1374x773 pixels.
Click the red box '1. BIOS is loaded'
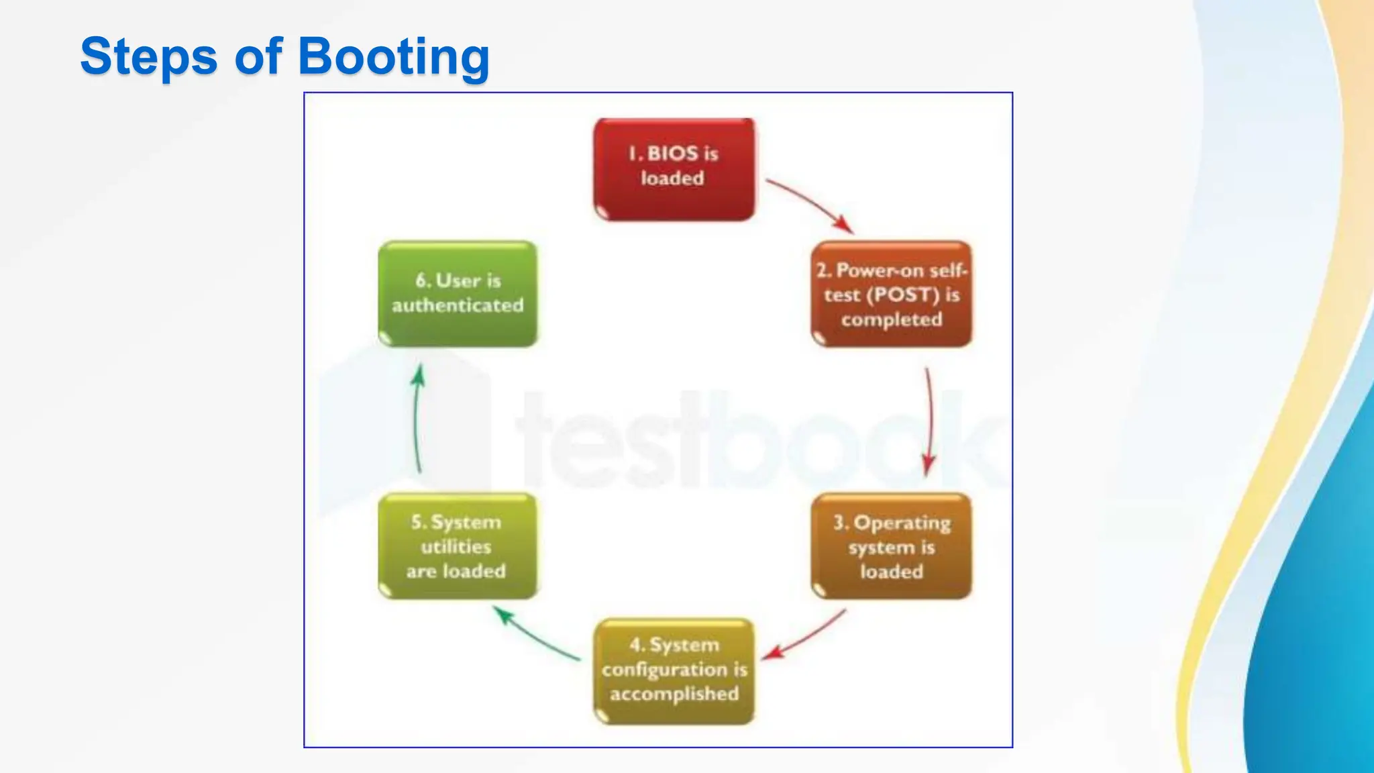(674, 169)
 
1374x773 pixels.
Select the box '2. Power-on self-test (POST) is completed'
(891, 294)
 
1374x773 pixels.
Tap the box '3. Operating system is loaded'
(891, 546)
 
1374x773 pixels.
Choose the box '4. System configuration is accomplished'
(674, 671)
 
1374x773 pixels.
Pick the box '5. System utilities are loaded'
(458, 546)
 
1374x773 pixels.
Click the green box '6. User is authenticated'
(458, 294)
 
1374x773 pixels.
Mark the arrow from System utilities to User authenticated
(417, 420)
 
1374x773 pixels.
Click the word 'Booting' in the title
(394, 56)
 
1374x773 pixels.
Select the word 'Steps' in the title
(149, 56)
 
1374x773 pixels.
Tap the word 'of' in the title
(258, 56)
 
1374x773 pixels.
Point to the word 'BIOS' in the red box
(673, 154)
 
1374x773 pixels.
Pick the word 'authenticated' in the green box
(458, 306)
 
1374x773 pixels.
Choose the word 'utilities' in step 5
(456, 547)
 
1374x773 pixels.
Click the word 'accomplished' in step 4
(674, 694)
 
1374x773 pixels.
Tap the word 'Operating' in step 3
(902, 523)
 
